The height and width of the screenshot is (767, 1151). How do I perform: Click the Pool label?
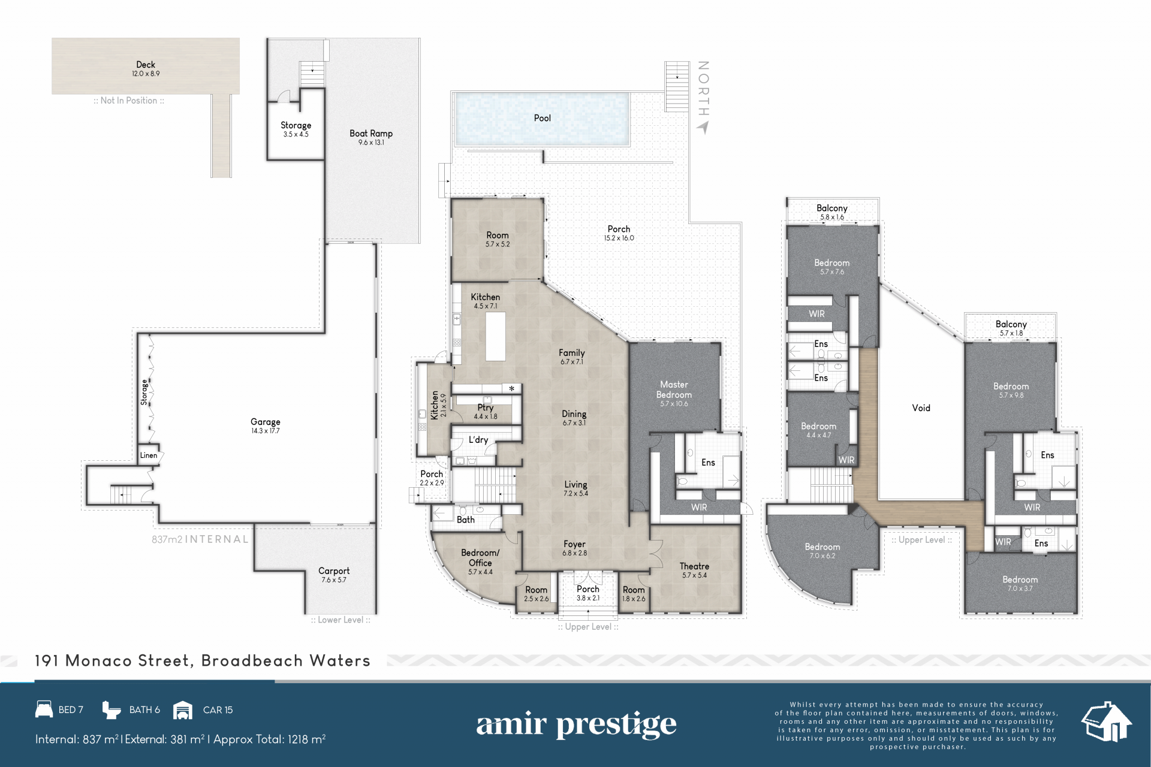point(542,118)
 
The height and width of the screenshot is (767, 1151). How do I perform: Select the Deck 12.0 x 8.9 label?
point(146,68)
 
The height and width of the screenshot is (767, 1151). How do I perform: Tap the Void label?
point(921,408)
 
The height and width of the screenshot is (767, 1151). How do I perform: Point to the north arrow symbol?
point(703,127)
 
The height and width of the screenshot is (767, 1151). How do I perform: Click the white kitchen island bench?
point(495,337)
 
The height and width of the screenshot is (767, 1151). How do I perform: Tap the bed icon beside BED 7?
point(44,709)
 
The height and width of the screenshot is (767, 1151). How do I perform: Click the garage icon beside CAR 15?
point(183,710)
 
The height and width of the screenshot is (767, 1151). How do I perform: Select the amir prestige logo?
point(576,725)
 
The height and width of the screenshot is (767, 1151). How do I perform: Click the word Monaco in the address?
point(98,660)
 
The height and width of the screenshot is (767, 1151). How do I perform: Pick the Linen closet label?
point(149,455)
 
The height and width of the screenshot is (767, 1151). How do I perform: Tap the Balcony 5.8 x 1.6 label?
point(832,212)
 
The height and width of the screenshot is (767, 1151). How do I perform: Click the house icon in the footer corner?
point(1107,721)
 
